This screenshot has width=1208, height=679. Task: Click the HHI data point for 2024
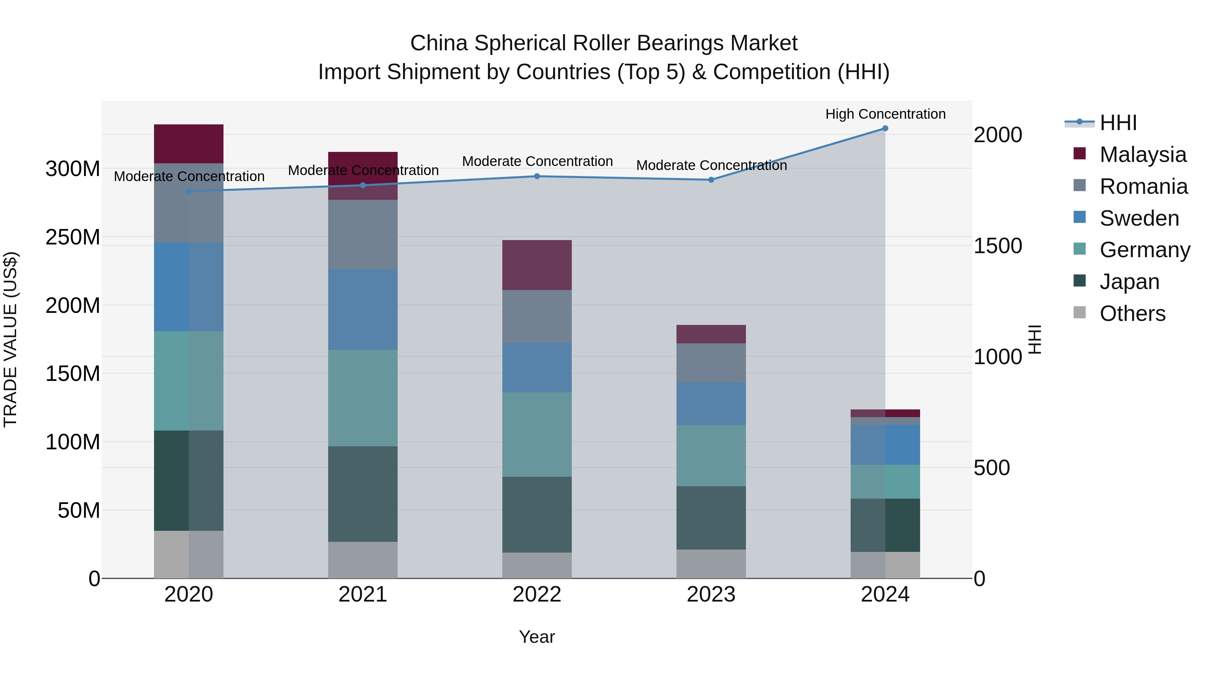pyautogui.click(x=885, y=128)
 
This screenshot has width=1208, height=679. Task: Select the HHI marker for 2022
pyautogui.click(x=537, y=176)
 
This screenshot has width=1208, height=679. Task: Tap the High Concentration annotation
pyautogui.click(x=885, y=114)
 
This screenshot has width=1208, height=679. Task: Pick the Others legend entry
pyautogui.click(x=1132, y=314)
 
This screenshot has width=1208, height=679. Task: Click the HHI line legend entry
pyautogui.click(x=1118, y=123)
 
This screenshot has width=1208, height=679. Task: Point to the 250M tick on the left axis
pyautogui.click(x=73, y=237)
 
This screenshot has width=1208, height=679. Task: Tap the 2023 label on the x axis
pyautogui.click(x=711, y=595)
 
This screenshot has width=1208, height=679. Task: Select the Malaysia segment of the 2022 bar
pyautogui.click(x=537, y=265)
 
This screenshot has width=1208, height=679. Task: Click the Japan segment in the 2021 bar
pyautogui.click(x=362, y=494)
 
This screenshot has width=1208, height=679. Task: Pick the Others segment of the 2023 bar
pyautogui.click(x=711, y=564)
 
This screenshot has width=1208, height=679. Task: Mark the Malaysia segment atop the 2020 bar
pyautogui.click(x=189, y=144)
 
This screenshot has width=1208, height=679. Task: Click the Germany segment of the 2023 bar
pyautogui.click(x=711, y=455)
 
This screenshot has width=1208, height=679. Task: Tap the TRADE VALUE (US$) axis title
pyautogui.click(x=10, y=339)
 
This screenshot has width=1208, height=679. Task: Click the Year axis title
pyautogui.click(x=537, y=637)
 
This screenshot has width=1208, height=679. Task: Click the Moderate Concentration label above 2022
pyautogui.click(x=537, y=161)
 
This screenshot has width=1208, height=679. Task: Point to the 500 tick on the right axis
pyautogui.click(x=991, y=468)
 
